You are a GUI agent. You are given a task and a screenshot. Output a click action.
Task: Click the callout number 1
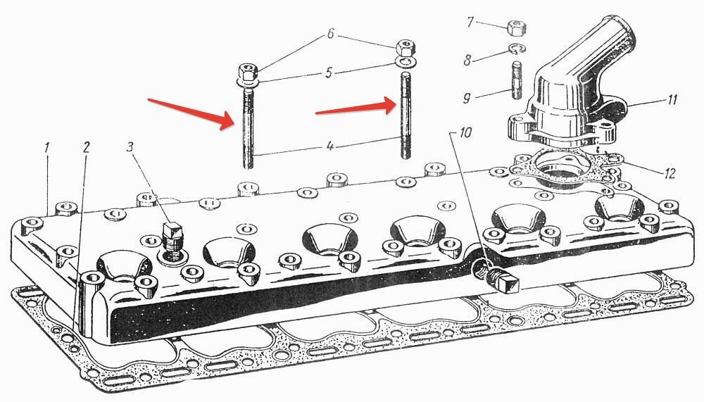pyautogui.click(x=48, y=149)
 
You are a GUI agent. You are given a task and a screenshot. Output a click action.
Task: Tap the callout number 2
pyautogui.click(x=86, y=148)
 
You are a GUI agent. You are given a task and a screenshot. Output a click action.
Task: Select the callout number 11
pyautogui.click(x=672, y=101)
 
